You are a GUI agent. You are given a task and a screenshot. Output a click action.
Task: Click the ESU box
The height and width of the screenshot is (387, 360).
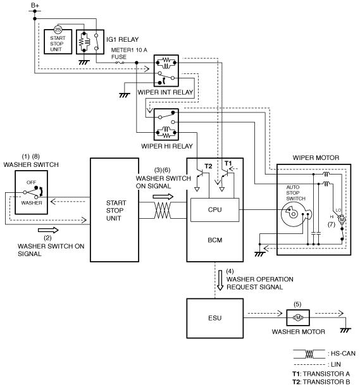click(215, 318)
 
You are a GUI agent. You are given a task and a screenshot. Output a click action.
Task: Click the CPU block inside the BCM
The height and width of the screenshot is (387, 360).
click(215, 210)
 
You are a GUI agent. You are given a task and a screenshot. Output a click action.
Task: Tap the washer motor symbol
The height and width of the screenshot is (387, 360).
click(298, 317)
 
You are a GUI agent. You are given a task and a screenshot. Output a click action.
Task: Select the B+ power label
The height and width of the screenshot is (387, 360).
click(35, 5)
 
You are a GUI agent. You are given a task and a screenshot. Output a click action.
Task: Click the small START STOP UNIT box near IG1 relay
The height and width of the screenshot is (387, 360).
click(58, 42)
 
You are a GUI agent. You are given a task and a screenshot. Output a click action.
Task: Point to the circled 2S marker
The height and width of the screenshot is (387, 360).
click(58, 30)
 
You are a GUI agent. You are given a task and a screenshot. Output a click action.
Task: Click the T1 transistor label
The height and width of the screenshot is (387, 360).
click(228, 163)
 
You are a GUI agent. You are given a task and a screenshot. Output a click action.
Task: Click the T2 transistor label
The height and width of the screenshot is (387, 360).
click(208, 166)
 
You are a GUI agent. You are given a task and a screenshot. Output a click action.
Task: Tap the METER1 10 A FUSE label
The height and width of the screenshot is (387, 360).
click(129, 53)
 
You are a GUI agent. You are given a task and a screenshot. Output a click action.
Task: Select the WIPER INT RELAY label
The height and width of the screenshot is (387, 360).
click(165, 92)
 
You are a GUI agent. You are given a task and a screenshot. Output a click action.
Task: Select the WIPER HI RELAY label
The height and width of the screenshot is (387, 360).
click(167, 146)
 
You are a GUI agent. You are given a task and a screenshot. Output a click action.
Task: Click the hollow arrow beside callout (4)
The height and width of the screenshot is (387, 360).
click(220, 280)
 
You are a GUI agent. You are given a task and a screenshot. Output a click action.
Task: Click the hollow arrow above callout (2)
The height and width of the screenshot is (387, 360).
click(48, 230)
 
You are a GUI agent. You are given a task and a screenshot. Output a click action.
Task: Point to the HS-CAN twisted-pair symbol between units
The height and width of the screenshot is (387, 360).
click(162, 211)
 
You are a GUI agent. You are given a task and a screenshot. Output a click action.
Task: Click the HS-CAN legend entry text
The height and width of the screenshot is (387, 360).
click(343, 353)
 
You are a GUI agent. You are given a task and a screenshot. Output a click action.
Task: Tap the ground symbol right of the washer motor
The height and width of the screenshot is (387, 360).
click(345, 330)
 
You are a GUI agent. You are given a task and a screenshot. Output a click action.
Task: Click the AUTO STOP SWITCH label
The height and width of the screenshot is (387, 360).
click(296, 193)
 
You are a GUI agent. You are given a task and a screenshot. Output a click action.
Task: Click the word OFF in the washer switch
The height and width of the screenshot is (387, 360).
click(31, 182)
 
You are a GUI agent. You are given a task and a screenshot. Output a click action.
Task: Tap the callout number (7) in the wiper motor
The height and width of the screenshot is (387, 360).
click(331, 224)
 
